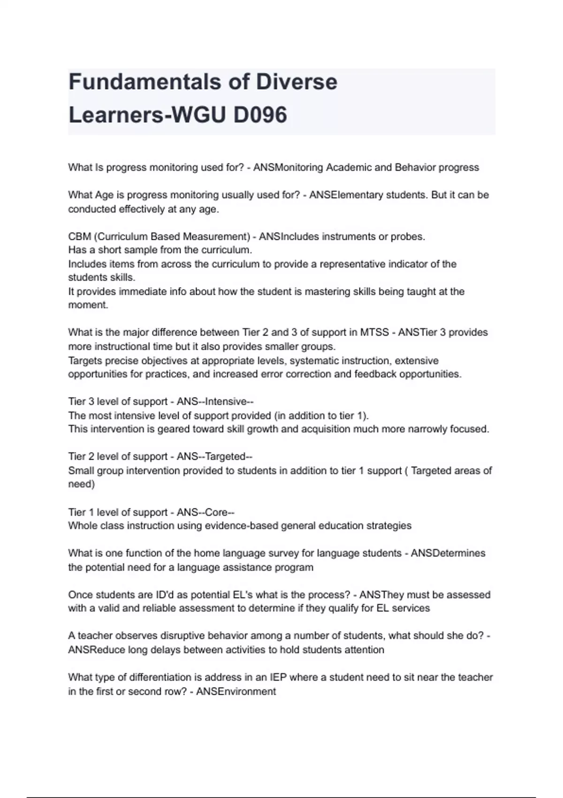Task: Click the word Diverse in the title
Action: (297, 82)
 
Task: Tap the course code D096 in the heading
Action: (259, 115)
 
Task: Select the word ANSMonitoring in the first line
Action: (288, 168)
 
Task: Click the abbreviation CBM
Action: (79, 237)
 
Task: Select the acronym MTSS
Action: (374, 332)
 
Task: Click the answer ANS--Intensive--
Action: (215, 402)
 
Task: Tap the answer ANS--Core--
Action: (205, 512)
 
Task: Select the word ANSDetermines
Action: (448, 553)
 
